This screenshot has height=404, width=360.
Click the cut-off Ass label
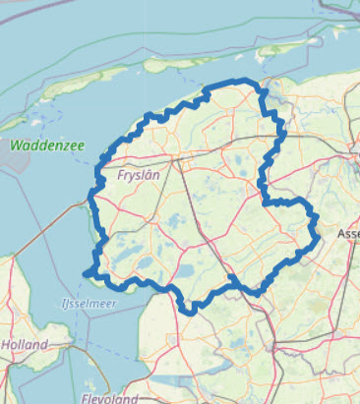[x=348, y=234]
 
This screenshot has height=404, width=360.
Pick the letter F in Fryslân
[x=120, y=175]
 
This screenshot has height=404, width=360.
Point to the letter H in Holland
[x=6, y=345]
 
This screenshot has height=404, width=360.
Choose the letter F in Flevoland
[x=85, y=399]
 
